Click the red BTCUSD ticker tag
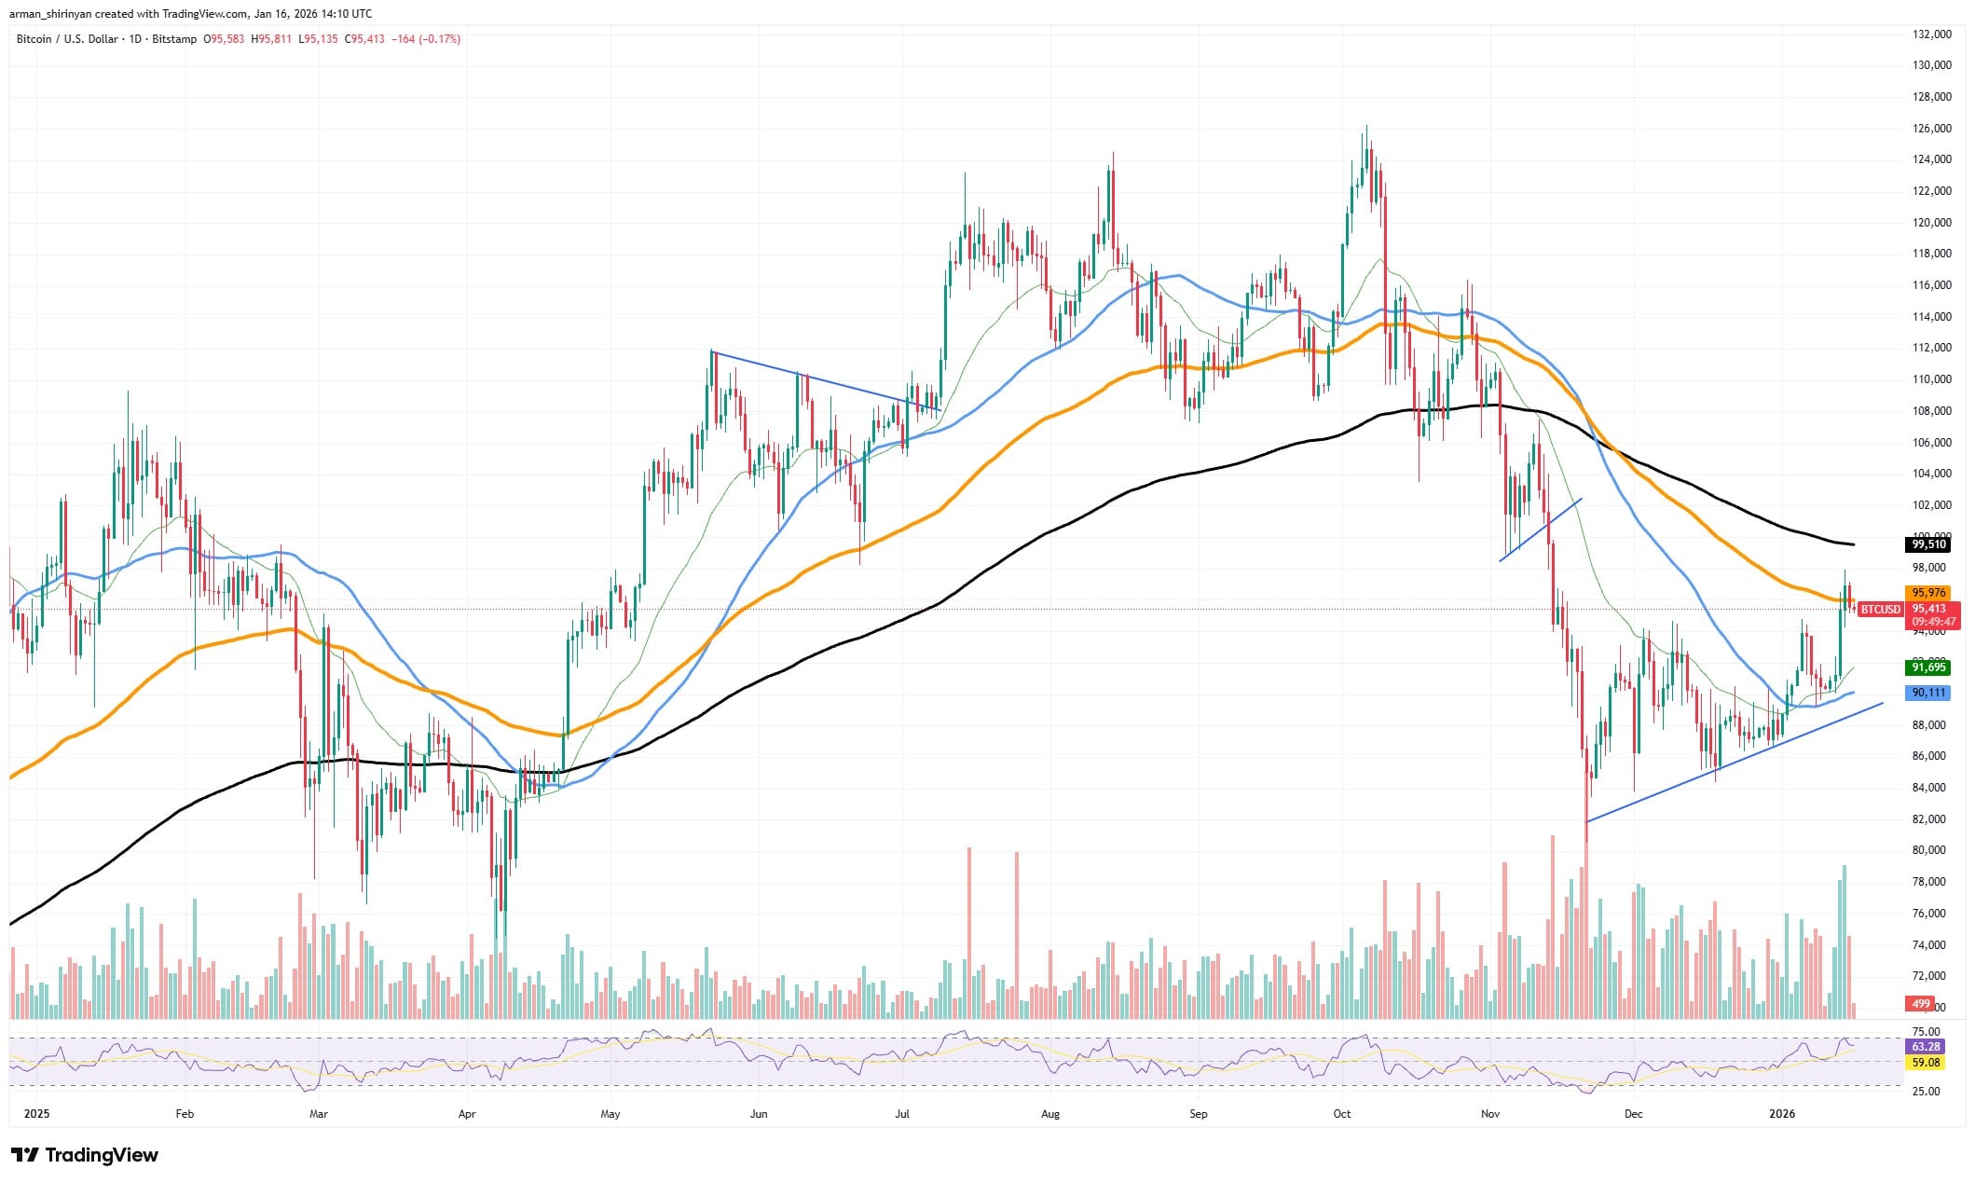tap(1880, 610)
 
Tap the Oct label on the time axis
tap(1342, 1114)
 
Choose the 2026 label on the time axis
tap(1782, 1114)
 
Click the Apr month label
tap(467, 1114)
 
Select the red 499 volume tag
tap(1922, 1004)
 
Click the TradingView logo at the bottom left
tap(85, 1156)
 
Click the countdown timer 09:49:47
tap(1933, 622)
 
